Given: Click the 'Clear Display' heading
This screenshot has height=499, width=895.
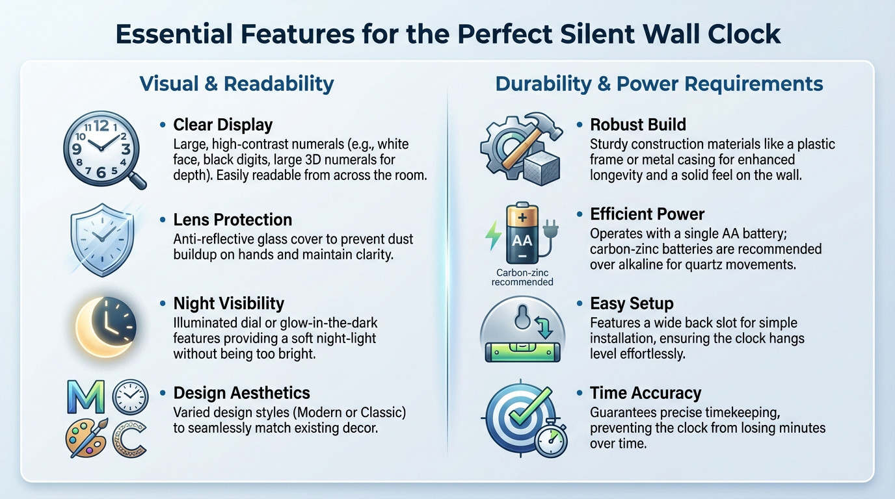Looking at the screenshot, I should coord(222,125).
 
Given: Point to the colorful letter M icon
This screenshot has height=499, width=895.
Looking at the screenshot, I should coord(86,397).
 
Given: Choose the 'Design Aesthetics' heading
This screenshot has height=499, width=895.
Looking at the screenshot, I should coord(241,393).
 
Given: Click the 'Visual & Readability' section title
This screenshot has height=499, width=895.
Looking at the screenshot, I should coord(237,84).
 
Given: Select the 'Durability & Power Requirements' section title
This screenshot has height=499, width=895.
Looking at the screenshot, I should coord(659,84).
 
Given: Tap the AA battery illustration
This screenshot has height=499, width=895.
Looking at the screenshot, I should coord(521,235).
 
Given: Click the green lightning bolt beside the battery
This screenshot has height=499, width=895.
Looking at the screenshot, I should coord(493,235).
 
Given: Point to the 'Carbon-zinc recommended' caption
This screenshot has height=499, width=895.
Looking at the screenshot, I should coord(522,277).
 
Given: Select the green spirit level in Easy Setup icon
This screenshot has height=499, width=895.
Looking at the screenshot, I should coord(522,352).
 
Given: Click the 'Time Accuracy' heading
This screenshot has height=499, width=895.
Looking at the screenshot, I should coord(645,393).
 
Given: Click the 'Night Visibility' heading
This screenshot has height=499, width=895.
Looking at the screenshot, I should coord(228,303).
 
